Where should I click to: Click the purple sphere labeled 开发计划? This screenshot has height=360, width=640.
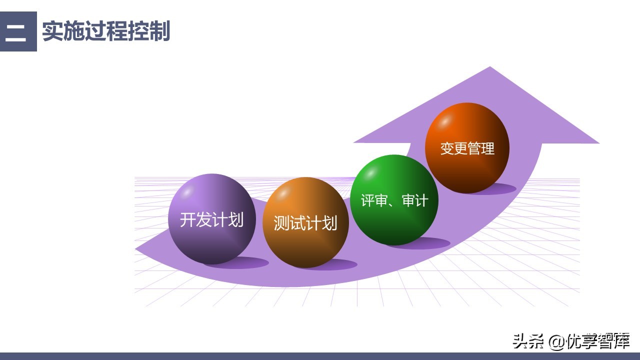(x=211, y=219)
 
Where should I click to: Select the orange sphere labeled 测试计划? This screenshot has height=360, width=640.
(x=305, y=222)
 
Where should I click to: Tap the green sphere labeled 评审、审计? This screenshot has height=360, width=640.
(x=394, y=200)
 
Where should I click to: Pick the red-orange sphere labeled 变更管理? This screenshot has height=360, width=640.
(x=467, y=148)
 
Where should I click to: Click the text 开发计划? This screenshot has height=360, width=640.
(x=211, y=220)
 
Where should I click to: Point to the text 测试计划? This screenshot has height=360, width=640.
(x=305, y=223)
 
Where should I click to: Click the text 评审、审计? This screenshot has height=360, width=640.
(x=394, y=200)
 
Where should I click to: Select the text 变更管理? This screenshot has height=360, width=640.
(x=467, y=148)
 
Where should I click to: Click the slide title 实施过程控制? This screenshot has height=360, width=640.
(x=106, y=31)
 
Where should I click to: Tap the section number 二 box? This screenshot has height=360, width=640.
(x=18, y=31)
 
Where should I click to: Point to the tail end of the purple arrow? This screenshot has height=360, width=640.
(x=138, y=248)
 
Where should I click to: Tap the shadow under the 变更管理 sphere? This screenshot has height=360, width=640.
(x=500, y=189)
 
